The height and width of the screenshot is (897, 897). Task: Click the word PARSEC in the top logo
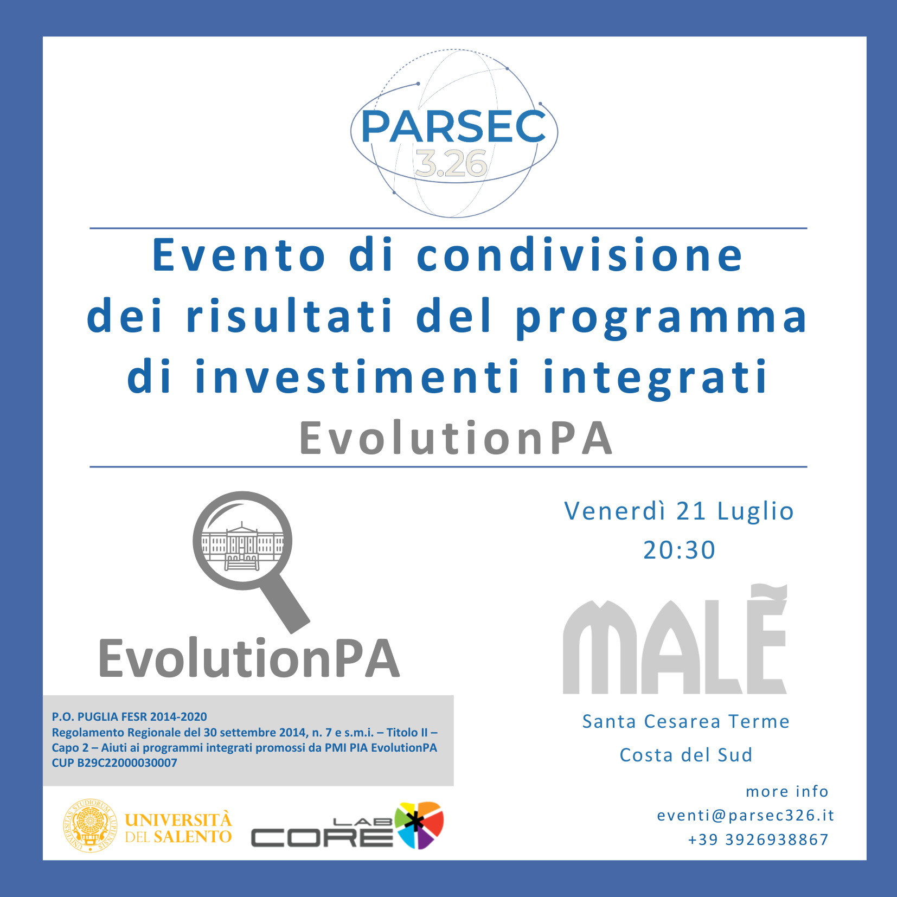[453, 126]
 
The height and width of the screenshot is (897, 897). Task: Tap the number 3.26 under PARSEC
[451, 164]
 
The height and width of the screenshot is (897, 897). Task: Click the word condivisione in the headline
[580, 255]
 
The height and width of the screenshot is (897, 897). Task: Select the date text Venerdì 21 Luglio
[679, 511]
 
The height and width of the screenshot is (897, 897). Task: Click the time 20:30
[679, 550]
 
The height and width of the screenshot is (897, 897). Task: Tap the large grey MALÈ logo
[675, 640]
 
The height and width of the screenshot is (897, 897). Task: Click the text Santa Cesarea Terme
[686, 721]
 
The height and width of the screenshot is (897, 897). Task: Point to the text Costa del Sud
[686, 755]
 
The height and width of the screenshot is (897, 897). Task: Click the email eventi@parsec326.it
[746, 815]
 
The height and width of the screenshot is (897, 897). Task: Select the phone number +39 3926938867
[758, 840]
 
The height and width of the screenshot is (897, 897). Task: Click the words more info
[787, 791]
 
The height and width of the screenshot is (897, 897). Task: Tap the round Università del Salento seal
[89, 825]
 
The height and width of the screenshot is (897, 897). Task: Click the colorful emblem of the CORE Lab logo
[419, 825]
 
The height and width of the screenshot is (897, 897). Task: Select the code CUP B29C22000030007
[114, 763]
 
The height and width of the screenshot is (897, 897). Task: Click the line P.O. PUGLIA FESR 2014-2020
[129, 716]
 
